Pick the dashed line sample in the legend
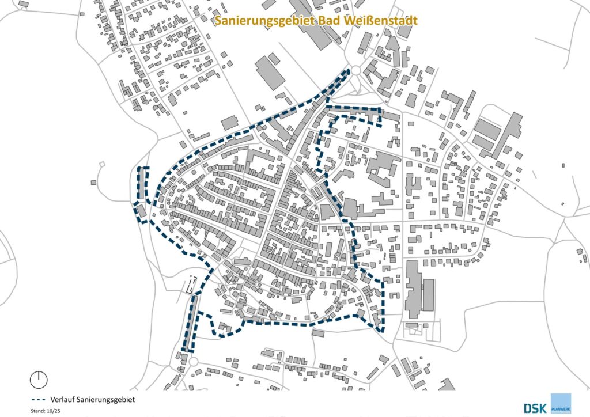39,399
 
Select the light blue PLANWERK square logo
561,403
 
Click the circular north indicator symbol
39,378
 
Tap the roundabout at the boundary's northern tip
356,71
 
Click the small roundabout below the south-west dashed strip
194,362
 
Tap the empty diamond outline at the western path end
103,165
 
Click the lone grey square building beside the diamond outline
93,183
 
